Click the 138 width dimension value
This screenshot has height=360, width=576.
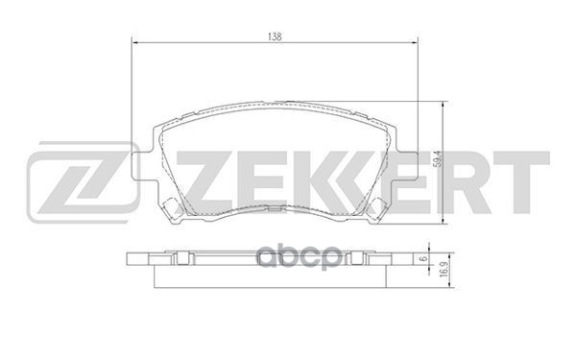275,35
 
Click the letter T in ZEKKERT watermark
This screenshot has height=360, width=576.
526,180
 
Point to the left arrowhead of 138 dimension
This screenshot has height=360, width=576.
133,42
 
